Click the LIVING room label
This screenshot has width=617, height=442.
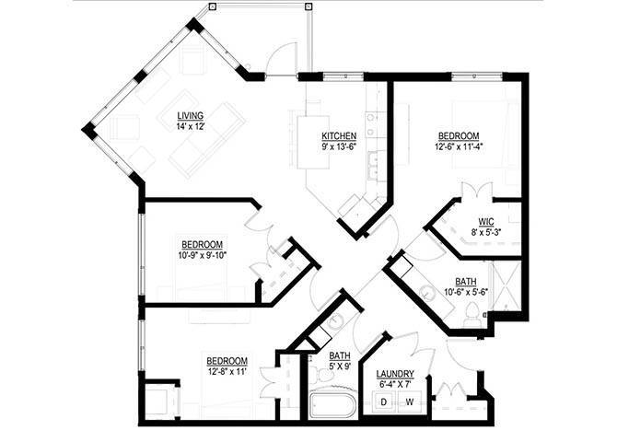tap(190, 116)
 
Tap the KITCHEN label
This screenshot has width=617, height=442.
tap(339, 135)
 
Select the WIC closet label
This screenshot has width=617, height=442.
tap(486, 222)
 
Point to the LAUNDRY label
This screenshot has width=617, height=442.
tap(395, 374)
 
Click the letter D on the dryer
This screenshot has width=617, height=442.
tap(383, 401)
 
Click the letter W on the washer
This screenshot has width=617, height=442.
tap(410, 401)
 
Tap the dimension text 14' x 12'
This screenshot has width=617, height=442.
tap(191, 126)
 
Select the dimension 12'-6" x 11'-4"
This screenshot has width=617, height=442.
tap(459, 146)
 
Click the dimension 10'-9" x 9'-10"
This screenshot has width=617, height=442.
tap(203, 255)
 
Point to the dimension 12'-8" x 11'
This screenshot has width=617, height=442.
tap(227, 371)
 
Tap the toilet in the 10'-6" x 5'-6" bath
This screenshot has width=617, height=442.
tap(471, 315)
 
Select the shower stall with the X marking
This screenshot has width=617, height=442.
tap(506, 285)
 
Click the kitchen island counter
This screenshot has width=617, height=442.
tap(313, 143)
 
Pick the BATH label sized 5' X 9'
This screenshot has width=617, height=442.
tap(340, 355)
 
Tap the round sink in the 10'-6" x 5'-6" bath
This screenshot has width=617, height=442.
tap(427, 292)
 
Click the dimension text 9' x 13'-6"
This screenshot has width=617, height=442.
tap(339, 146)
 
